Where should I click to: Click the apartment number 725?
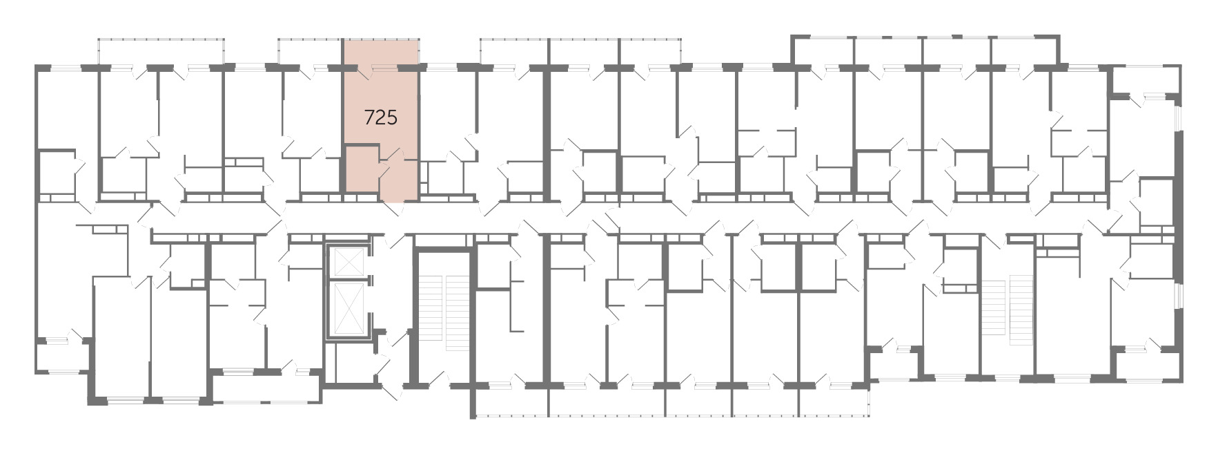click(381, 117)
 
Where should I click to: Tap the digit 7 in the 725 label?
click(370, 117)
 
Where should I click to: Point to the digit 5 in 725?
click(392, 117)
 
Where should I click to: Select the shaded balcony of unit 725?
click(381, 53)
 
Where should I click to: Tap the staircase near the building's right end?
click(1007, 305)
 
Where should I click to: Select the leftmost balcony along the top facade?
click(161, 52)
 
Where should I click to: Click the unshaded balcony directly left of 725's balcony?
click(311, 53)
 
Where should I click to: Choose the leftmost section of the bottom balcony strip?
click(512, 401)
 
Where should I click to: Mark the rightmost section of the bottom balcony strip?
click(834, 401)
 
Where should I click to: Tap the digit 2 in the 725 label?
click(381, 117)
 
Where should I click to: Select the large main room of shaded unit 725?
click(381, 107)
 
